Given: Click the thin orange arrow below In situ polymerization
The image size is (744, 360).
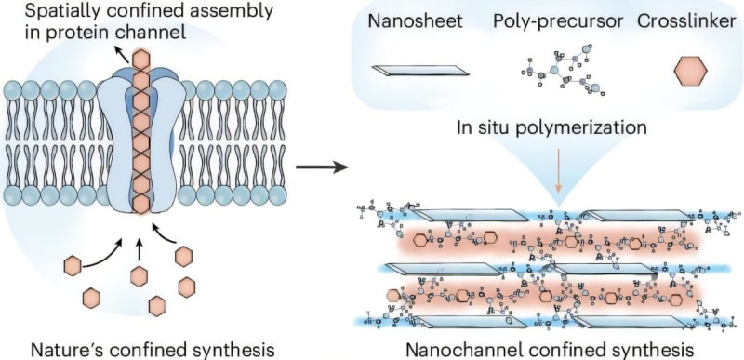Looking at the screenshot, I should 558,167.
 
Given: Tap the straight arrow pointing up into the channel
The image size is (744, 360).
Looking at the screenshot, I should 139,247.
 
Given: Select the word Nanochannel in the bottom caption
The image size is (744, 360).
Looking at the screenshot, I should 454,349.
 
